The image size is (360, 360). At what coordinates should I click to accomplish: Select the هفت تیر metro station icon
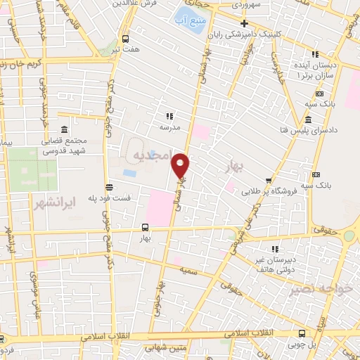(x=125, y=39)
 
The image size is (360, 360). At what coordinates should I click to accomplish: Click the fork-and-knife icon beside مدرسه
(x=169, y=116)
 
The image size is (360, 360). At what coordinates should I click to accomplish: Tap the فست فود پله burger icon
(x=108, y=187)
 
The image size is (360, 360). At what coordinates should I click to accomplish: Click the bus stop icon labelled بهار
(x=145, y=227)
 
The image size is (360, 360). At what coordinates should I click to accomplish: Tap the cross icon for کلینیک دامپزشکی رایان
(x=243, y=23)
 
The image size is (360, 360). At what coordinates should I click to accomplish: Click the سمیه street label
(x=187, y=270)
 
